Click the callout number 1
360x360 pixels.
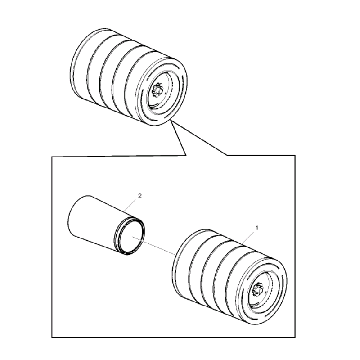[x=257, y=229]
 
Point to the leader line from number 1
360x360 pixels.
[x=249, y=237]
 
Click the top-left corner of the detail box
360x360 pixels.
[x=52, y=156]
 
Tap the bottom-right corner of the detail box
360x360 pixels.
[x=296, y=337]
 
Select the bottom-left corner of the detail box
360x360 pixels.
[x=52, y=337]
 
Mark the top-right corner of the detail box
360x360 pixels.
[x=296, y=156]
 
